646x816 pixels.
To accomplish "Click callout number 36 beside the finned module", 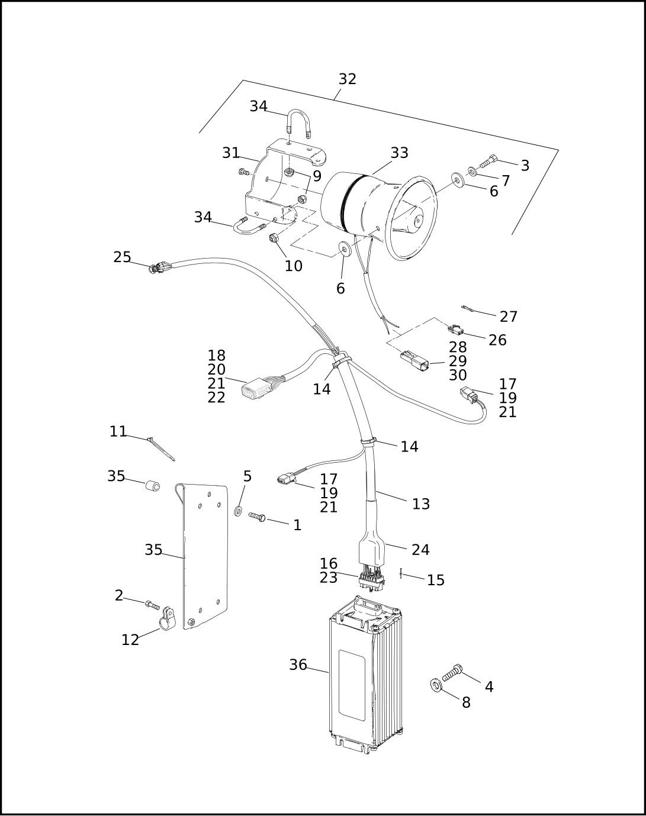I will pos(298,665).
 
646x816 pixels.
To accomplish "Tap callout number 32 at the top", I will pos(347,79).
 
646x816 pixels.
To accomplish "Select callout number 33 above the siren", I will pos(399,153).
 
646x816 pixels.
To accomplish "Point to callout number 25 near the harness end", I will pos(122,257).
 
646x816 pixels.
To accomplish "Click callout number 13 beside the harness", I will pos(420,504).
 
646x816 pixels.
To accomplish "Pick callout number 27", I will pos(508,317).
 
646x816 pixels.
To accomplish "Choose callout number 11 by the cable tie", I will pos(118,432).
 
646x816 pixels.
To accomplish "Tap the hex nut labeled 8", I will pos(436,686).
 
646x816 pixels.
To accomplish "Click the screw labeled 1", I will pos(257,517).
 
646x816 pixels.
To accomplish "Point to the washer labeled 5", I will pos(238,510).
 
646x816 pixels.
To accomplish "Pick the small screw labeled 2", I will pos(152,605).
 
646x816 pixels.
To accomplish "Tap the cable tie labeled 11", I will pos(161,448).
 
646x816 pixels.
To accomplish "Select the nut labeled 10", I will pos(274,238).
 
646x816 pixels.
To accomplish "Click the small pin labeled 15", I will pos(401,573).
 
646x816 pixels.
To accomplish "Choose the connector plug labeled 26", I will pos(455,329).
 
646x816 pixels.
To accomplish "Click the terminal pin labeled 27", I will pos(468,308).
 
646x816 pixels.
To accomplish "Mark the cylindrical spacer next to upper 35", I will pos(153,486).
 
